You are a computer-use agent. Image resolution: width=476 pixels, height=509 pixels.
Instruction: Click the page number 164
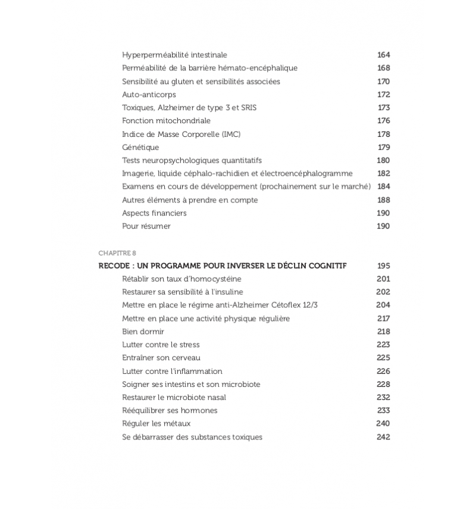click(x=383, y=55)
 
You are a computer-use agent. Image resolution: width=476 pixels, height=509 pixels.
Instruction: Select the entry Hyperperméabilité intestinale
click(x=174, y=55)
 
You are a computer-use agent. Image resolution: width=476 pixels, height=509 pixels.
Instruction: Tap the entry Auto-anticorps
click(x=149, y=95)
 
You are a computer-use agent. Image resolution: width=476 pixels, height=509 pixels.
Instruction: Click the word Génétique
click(x=140, y=147)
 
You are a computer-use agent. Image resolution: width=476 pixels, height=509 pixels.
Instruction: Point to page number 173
click(x=384, y=108)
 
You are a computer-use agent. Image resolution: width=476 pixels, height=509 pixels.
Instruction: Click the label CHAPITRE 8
click(x=117, y=253)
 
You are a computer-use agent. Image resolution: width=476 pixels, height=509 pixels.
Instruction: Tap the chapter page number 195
click(x=383, y=266)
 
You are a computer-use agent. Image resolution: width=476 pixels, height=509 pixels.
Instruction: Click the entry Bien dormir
click(x=143, y=332)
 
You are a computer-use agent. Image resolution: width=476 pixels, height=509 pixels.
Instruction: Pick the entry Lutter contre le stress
click(x=161, y=345)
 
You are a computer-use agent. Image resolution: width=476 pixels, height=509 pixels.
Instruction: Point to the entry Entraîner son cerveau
click(x=161, y=358)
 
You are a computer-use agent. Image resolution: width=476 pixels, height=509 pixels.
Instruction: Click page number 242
click(x=383, y=436)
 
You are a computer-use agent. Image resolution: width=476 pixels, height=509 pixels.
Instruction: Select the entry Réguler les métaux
click(x=156, y=423)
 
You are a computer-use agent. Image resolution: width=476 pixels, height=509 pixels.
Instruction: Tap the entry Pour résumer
click(x=146, y=226)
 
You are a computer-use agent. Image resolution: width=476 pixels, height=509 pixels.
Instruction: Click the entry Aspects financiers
click(x=154, y=213)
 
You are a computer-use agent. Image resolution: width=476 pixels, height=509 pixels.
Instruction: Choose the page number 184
click(x=383, y=186)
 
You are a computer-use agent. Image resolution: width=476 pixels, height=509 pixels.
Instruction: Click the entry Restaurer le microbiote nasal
click(x=174, y=397)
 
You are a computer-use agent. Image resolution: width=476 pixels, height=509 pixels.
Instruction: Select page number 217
click(x=383, y=318)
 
